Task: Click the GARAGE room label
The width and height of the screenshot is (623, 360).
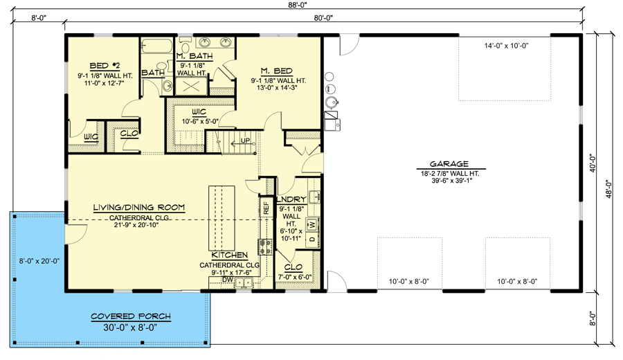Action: point(453,165)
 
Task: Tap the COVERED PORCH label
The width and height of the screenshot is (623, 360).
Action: point(131,316)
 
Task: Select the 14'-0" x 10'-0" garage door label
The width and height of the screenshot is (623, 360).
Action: point(506,46)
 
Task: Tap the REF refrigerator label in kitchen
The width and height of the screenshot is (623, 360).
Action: point(264,206)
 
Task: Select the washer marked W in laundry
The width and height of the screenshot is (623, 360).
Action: point(312,224)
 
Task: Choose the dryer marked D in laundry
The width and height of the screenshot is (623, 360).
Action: point(312,240)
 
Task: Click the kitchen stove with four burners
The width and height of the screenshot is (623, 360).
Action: point(264,246)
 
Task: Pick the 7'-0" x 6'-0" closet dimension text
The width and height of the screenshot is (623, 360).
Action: point(296,277)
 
